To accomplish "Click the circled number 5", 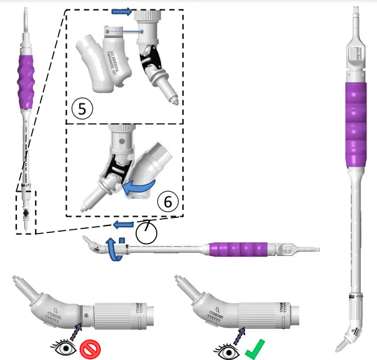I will tap(82, 107).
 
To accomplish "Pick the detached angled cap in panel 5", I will tap(103, 62).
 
